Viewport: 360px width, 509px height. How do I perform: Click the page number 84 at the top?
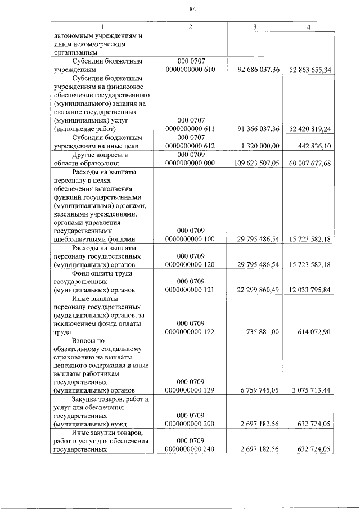[192, 9]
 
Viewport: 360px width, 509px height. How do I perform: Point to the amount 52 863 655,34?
[310, 70]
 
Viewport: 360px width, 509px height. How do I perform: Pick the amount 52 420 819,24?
[310, 129]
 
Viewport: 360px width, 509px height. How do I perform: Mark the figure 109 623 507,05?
[256, 164]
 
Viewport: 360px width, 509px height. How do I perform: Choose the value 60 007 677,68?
[310, 164]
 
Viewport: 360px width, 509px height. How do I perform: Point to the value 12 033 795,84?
[310, 290]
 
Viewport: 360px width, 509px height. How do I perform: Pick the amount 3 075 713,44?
[311, 389]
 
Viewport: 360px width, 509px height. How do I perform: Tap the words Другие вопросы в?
[101, 155]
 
